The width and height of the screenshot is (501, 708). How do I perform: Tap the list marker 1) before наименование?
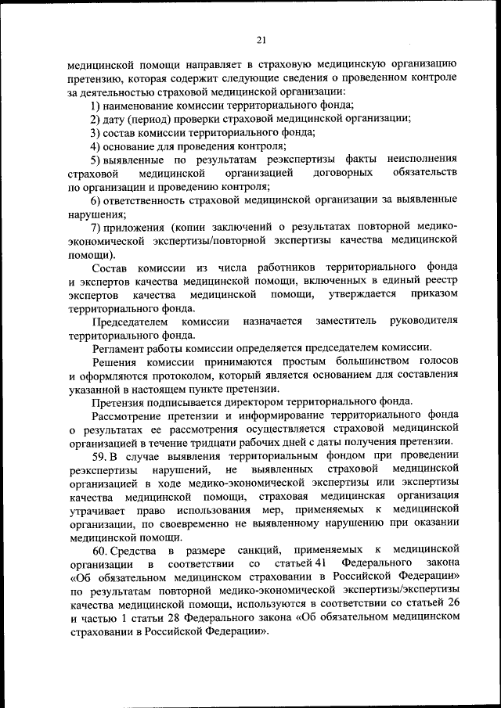point(96,105)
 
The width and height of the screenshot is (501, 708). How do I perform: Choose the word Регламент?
point(119,348)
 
